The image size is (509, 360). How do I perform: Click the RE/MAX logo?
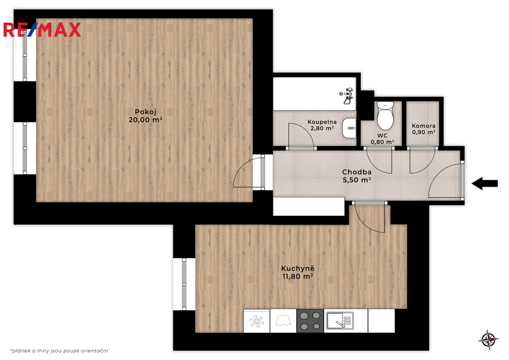coord(42,30)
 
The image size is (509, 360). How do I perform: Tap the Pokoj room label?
coord(146,112)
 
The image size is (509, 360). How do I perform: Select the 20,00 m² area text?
coord(145,120)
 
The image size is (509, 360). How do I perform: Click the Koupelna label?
coord(322,122)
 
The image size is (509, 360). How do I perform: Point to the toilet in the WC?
coord(385,115)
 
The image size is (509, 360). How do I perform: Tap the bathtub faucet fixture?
coord(348,96)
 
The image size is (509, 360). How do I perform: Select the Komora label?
coord(424,126)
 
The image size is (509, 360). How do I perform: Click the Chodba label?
coord(357,172)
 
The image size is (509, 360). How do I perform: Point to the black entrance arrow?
coord(485,183)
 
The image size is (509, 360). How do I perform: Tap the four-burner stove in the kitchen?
coord(310,321)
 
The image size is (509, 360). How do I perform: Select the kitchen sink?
coord(340,321)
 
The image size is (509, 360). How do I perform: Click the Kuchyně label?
coord(298,268)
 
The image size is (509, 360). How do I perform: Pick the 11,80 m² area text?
coord(298,276)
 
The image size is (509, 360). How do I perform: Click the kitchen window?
coord(184,284)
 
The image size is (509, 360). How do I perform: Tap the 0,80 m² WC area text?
coord(382,142)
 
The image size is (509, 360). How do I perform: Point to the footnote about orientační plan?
coord(59,351)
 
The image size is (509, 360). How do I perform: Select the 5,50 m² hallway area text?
coord(357,180)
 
